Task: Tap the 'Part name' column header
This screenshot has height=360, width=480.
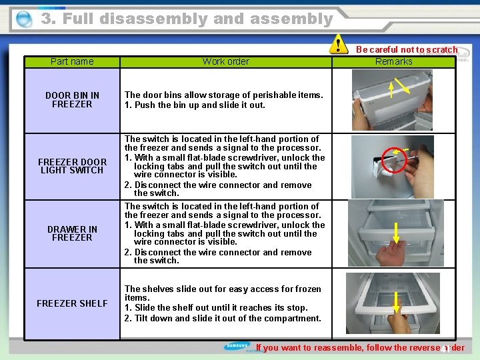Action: (x=72, y=61)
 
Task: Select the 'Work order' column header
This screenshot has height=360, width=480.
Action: (x=225, y=61)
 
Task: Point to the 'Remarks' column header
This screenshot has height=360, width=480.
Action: (x=393, y=61)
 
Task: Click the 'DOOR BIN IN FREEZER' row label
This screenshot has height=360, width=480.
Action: (x=72, y=99)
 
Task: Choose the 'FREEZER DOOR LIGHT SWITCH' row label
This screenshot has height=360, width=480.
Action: (x=72, y=166)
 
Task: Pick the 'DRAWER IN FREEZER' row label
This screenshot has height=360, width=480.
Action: (x=72, y=233)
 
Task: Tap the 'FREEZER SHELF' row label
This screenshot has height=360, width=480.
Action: (x=72, y=303)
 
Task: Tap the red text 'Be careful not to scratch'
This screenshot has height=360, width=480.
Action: (x=407, y=49)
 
